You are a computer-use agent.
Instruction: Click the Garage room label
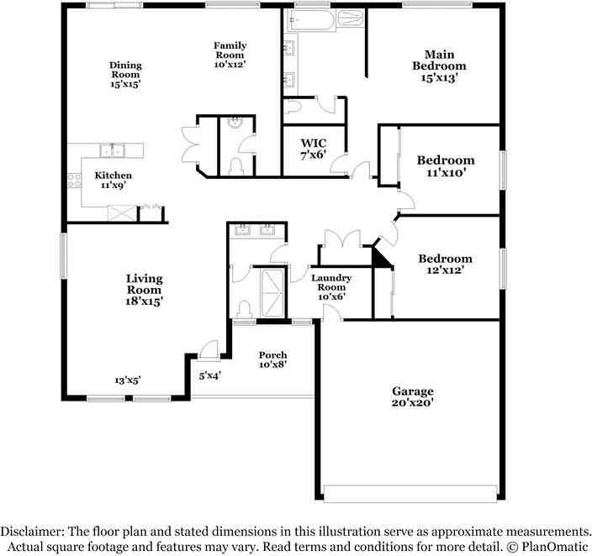[413, 391]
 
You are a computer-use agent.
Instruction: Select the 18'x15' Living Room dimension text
[145, 300]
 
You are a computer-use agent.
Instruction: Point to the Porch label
[272, 354]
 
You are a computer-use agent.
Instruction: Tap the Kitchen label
[113, 176]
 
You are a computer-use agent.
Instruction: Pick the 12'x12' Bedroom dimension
[446, 270]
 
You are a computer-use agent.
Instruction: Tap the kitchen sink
[113, 150]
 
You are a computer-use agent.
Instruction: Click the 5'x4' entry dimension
[209, 375]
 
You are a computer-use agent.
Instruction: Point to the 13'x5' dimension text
[128, 380]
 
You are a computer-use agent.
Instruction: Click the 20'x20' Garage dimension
[413, 403]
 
